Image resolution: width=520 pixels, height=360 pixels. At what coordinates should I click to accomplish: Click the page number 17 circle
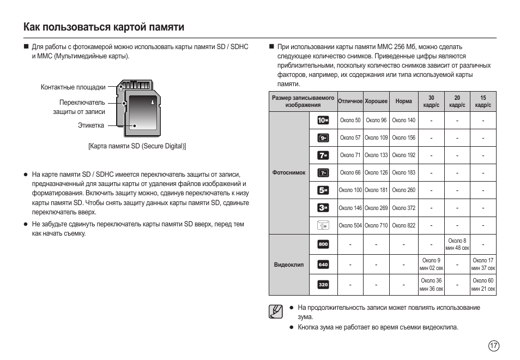(x=493, y=346)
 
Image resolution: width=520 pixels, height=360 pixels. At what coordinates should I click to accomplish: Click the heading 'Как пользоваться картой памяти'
(x=104, y=27)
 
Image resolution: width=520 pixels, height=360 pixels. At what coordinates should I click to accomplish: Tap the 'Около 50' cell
(x=350, y=120)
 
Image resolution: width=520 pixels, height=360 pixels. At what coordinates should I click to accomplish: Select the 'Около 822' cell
(x=403, y=225)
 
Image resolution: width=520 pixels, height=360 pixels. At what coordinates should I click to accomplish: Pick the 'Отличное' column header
(x=350, y=101)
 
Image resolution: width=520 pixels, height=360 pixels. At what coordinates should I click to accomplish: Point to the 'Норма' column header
(x=403, y=101)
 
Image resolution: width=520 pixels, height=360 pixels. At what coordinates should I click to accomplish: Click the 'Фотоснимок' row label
(x=289, y=173)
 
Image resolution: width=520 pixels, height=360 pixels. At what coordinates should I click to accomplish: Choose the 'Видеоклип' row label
(x=289, y=265)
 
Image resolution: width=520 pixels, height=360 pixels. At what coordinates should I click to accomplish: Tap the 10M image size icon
(x=323, y=120)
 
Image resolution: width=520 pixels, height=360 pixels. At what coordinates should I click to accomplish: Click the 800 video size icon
(x=323, y=244)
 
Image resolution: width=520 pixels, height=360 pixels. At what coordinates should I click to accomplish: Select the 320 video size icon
(x=323, y=285)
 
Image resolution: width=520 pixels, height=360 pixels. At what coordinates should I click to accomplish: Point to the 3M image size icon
(x=323, y=208)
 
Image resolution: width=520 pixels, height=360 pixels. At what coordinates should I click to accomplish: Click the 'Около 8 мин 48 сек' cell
(x=457, y=244)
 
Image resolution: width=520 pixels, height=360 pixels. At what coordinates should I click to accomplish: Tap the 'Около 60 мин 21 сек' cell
(x=483, y=285)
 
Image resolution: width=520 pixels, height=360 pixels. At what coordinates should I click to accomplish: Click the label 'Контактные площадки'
(x=73, y=87)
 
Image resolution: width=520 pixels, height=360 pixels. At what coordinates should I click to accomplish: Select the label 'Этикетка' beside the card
(x=90, y=125)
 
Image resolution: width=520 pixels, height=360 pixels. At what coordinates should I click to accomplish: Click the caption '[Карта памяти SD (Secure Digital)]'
(x=137, y=146)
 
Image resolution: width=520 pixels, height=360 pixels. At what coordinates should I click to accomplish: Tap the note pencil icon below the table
(x=276, y=311)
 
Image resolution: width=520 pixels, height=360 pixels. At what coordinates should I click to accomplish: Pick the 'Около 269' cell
(x=376, y=208)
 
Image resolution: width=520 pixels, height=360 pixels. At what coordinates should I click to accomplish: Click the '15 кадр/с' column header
(x=483, y=101)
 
